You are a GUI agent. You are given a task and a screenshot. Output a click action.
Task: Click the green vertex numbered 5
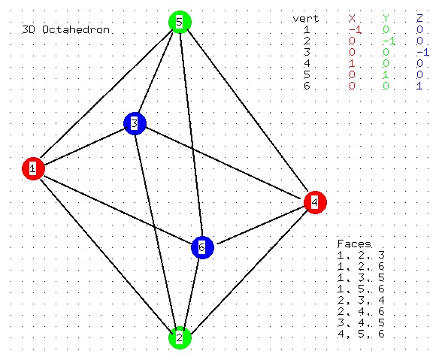tap(180, 22)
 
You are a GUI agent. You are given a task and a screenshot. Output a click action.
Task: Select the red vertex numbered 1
tap(33, 168)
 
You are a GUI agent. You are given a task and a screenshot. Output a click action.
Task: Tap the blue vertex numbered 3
tap(135, 123)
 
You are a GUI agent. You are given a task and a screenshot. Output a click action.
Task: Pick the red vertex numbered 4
tap(315, 202)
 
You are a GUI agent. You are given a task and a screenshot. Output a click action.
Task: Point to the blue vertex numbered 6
tap(202, 247)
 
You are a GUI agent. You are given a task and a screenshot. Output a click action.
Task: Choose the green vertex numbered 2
tap(180, 337)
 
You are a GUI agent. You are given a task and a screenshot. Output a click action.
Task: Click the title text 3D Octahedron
tap(65, 29)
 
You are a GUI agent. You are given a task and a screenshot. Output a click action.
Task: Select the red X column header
tap(352, 19)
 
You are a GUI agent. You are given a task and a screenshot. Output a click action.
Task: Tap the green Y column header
tap(386, 19)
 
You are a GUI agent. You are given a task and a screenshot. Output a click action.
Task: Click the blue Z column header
tap(419, 19)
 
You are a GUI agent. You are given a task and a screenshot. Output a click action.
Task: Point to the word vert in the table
tap(306, 19)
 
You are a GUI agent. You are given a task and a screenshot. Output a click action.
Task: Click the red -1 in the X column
tap(355, 29)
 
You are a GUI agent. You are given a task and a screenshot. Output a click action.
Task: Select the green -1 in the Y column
tap(389, 41)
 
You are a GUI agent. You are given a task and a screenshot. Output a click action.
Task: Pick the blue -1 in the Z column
tap(422, 53)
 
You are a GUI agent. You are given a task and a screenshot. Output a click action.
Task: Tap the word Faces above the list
tap(354, 244)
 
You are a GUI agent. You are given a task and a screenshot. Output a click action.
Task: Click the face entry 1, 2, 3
tap(361, 256)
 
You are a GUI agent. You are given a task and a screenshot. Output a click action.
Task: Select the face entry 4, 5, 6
tap(361, 334)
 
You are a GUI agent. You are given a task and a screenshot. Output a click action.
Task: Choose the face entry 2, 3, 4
tap(361, 301)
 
